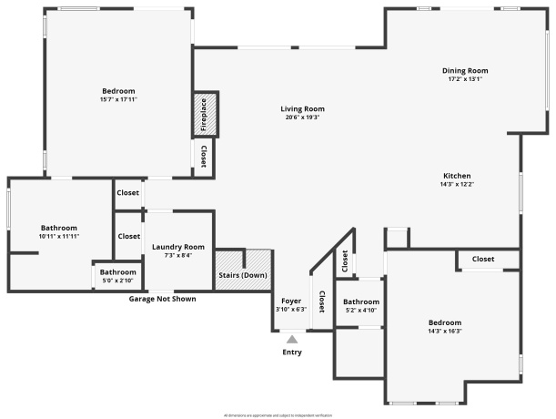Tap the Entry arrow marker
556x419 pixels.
(x=292, y=340)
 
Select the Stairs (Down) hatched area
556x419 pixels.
(x=243, y=271)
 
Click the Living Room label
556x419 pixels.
(x=302, y=109)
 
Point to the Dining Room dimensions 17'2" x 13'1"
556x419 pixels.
(x=465, y=79)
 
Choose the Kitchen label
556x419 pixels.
(x=457, y=176)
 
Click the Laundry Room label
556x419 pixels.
(x=178, y=247)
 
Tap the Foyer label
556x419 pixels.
(x=291, y=301)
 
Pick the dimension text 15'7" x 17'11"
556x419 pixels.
(x=118, y=98)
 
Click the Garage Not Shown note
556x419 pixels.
(x=162, y=299)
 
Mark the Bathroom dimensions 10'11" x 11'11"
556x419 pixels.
(x=59, y=236)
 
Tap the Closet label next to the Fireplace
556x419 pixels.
(x=204, y=157)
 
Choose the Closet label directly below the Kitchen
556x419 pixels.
(x=483, y=260)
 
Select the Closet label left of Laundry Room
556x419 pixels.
(x=128, y=236)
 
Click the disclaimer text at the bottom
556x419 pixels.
(x=278, y=414)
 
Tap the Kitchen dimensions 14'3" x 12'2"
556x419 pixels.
(x=457, y=184)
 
